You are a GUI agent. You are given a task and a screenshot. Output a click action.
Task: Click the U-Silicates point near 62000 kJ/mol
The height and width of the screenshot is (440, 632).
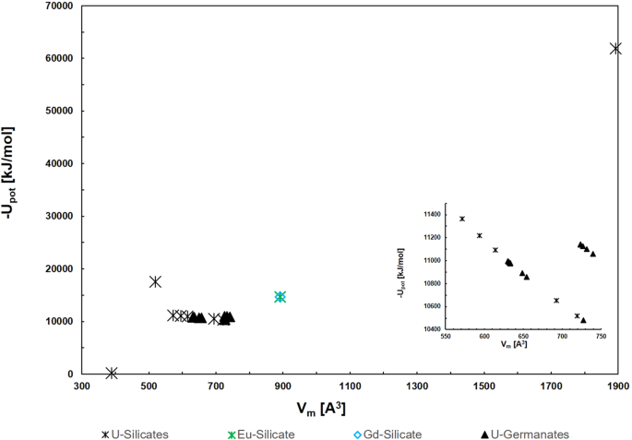616,48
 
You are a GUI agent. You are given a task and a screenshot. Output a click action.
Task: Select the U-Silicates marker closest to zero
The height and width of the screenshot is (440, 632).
112,373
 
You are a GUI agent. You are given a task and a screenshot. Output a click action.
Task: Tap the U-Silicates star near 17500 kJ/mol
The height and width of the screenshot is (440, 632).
155,281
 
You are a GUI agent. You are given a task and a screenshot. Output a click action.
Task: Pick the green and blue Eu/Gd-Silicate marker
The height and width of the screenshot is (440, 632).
280,297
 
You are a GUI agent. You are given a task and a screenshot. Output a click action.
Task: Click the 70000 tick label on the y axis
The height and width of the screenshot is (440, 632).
58,6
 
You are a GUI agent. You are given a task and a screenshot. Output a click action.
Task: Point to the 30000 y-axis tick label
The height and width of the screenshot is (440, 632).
58,217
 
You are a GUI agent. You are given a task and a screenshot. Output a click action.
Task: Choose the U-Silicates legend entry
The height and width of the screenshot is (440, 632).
137,432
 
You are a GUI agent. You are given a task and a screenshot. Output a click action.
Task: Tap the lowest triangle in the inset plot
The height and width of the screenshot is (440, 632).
583,320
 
